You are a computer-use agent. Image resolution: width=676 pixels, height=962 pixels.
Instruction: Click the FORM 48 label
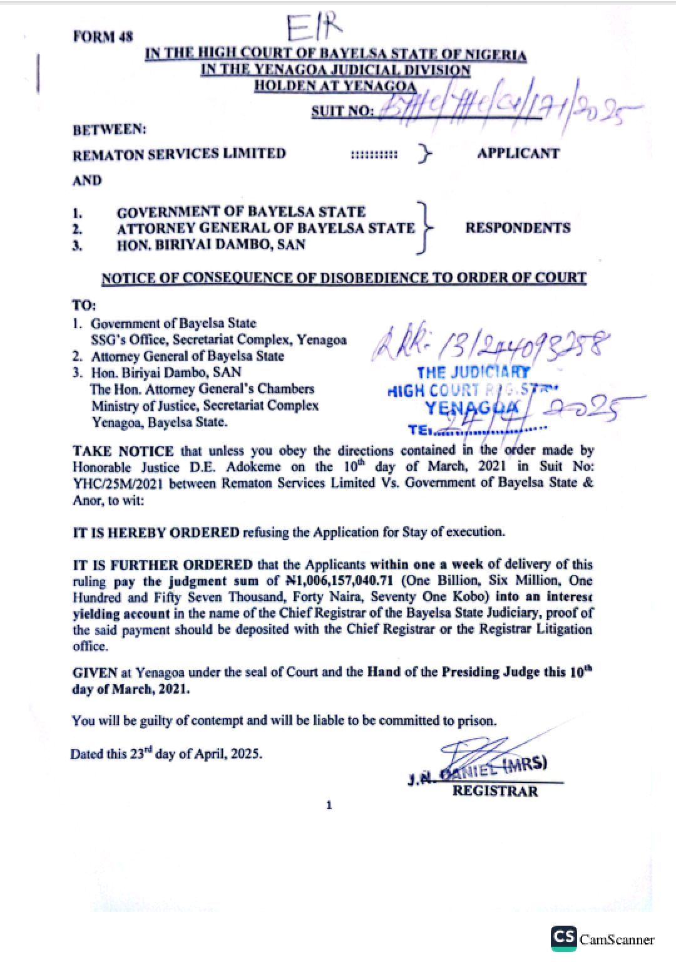103,36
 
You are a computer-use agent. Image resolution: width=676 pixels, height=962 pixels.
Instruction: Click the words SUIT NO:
342,111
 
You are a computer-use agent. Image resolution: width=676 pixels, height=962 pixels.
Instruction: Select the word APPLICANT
518,153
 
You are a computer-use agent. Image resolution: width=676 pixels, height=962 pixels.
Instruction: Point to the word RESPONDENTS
518,227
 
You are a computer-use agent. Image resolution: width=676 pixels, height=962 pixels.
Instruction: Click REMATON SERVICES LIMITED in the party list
179,154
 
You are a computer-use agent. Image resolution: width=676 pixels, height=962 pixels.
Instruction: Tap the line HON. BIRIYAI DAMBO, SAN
211,245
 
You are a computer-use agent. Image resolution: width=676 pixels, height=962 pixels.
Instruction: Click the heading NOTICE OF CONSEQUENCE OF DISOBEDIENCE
344,277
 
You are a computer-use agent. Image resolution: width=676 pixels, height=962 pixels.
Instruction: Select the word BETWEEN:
109,130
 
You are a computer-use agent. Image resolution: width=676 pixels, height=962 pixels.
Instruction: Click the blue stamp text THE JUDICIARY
473,373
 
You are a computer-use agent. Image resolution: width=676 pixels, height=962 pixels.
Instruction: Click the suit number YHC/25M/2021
118,483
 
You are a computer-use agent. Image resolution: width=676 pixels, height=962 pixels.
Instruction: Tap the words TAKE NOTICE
123,451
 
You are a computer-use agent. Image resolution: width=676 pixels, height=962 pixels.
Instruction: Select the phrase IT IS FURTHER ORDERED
163,564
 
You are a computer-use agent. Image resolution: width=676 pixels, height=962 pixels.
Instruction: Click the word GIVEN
95,673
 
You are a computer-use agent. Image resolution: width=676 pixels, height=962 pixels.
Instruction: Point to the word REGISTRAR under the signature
494,791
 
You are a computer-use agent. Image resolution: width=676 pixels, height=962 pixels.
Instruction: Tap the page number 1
329,805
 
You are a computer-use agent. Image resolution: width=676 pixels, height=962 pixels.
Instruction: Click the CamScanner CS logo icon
563,938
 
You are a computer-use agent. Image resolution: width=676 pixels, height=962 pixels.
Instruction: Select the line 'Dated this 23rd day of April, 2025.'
166,753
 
